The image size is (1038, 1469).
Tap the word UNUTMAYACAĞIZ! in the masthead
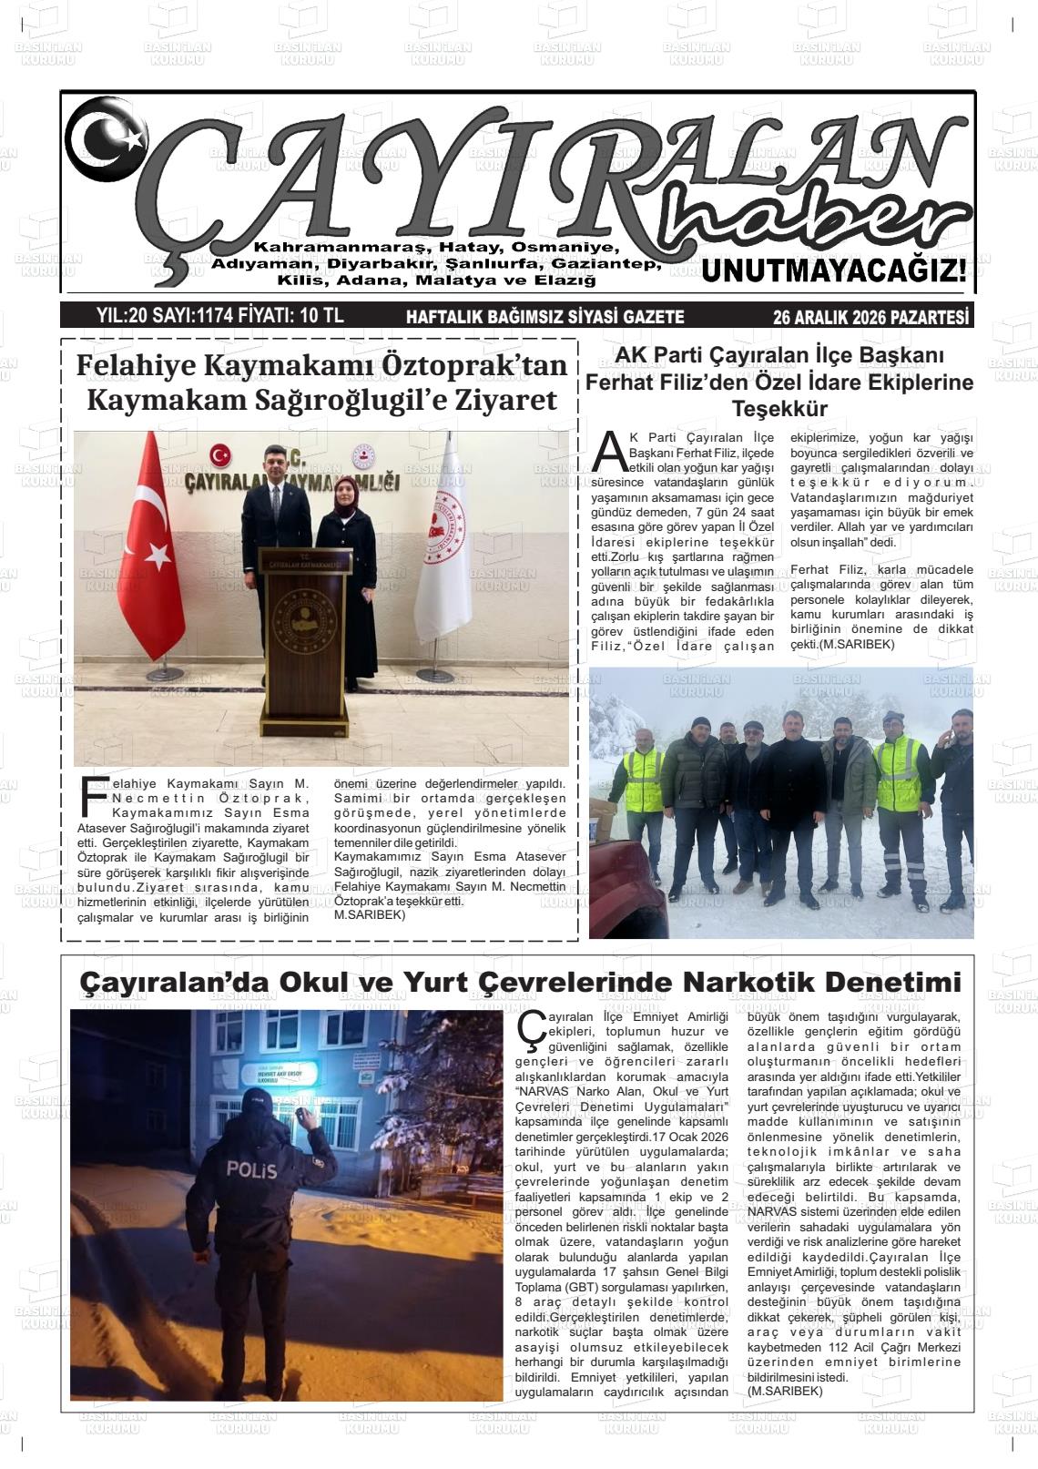833,271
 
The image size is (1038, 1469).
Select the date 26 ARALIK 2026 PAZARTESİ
870,317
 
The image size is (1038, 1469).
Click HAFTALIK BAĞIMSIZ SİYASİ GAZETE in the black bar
544,317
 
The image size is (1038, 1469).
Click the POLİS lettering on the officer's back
251,1169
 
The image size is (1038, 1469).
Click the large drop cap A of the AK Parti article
609,449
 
